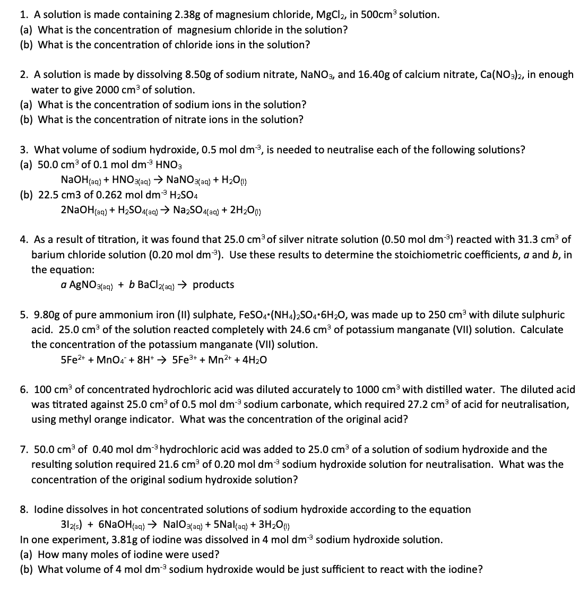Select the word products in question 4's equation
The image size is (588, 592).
pos(213,285)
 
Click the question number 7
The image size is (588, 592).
pos(24,449)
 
